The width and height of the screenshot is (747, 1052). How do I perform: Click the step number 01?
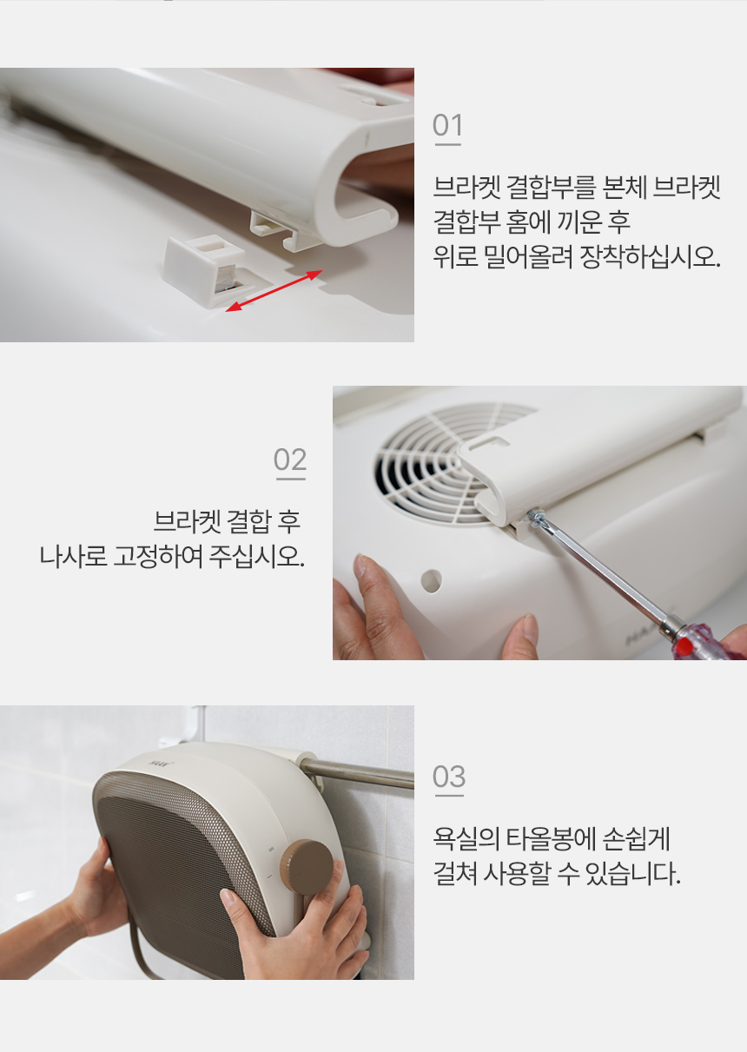click(447, 125)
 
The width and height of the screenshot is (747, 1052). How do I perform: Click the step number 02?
click(290, 460)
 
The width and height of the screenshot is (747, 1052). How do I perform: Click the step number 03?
click(449, 777)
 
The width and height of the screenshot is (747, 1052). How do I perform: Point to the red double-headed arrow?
click(274, 291)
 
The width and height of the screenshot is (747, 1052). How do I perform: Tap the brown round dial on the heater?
click(307, 866)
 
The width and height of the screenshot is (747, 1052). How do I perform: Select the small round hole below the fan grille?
click(431, 581)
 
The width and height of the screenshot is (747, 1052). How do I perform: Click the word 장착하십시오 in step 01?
click(650, 256)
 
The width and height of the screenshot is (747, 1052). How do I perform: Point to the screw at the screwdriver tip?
click(535, 517)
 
